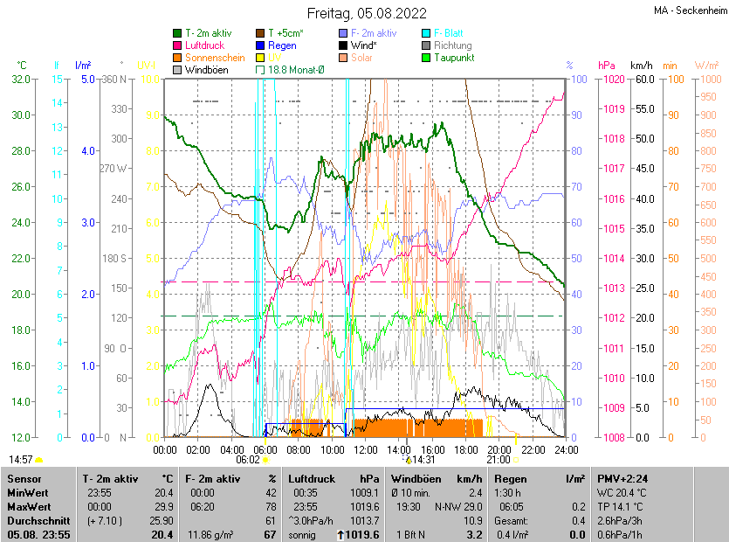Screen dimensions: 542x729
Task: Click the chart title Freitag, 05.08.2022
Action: click(367, 13)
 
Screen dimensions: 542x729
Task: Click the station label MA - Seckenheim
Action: click(689, 10)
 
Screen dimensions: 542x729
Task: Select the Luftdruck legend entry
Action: click(206, 45)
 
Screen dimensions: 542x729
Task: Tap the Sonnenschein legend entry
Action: click(215, 58)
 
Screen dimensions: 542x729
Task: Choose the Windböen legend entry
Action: click(206, 70)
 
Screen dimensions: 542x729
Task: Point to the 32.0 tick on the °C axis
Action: click(19, 80)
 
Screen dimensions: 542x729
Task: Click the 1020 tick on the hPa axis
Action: click(611, 80)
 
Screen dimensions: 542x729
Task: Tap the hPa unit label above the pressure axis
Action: click(607, 66)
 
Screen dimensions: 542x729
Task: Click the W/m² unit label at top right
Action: click(706, 66)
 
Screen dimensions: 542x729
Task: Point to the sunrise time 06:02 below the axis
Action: click(248, 459)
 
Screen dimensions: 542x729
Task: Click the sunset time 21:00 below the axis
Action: click(499, 459)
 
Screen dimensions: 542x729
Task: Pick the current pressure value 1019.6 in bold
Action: click(364, 534)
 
